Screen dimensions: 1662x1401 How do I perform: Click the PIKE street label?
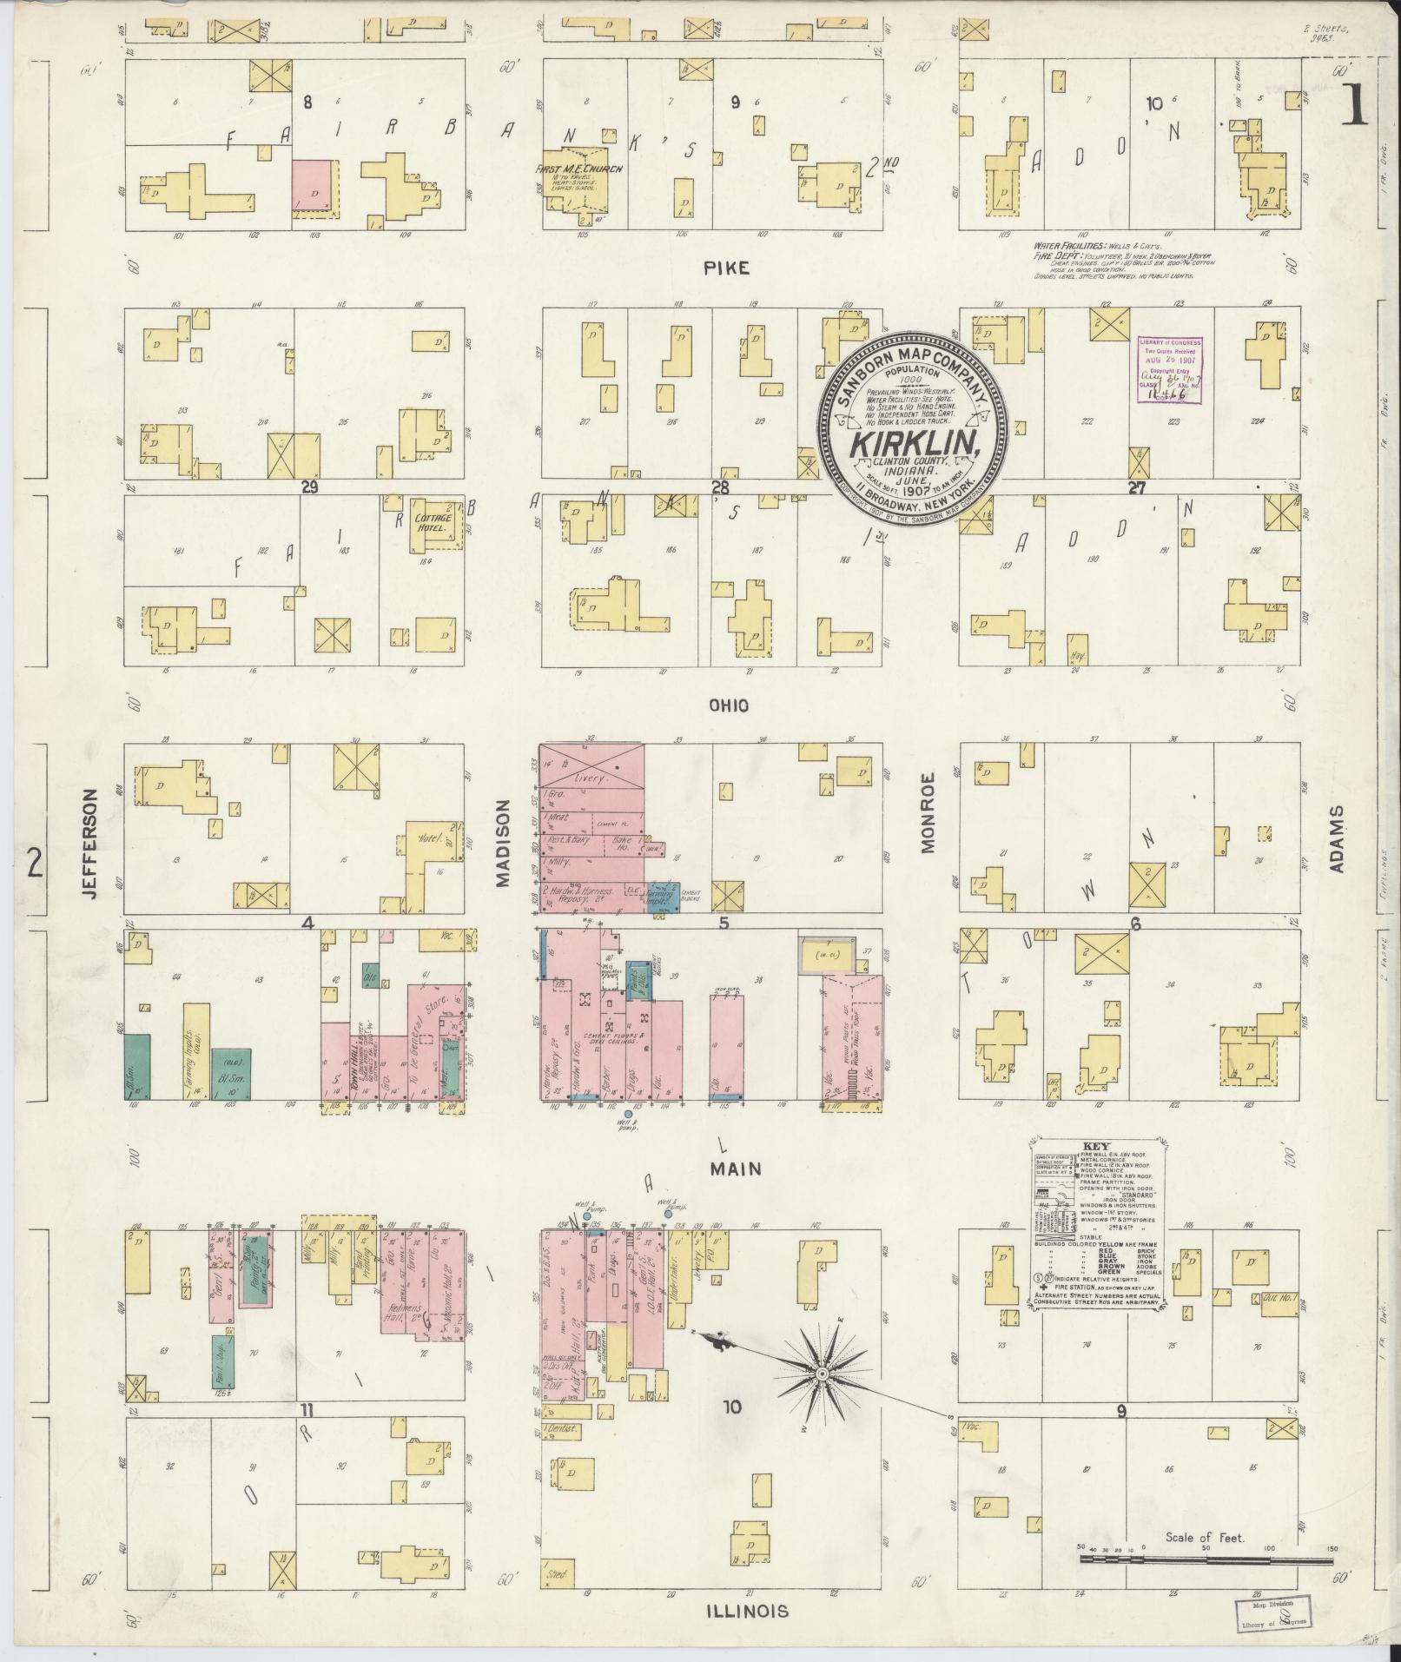tap(726, 269)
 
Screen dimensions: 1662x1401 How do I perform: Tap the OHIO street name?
tap(728, 706)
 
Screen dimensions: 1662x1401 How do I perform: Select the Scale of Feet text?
tap(1206, 1537)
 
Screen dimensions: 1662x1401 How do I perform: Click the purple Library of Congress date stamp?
tap(1169, 372)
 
